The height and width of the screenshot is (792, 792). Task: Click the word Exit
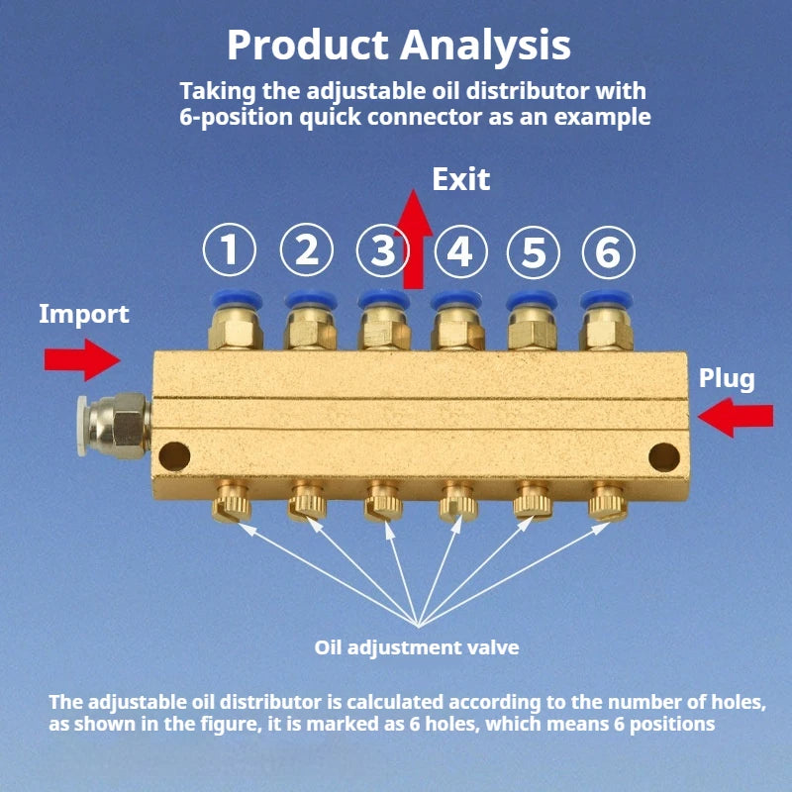(461, 180)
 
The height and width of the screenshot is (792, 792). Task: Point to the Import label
(84, 315)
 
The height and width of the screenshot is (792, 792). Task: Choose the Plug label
(727, 377)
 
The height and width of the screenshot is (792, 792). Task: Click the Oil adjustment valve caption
(417, 648)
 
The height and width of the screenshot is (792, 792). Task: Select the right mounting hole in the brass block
(662, 455)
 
